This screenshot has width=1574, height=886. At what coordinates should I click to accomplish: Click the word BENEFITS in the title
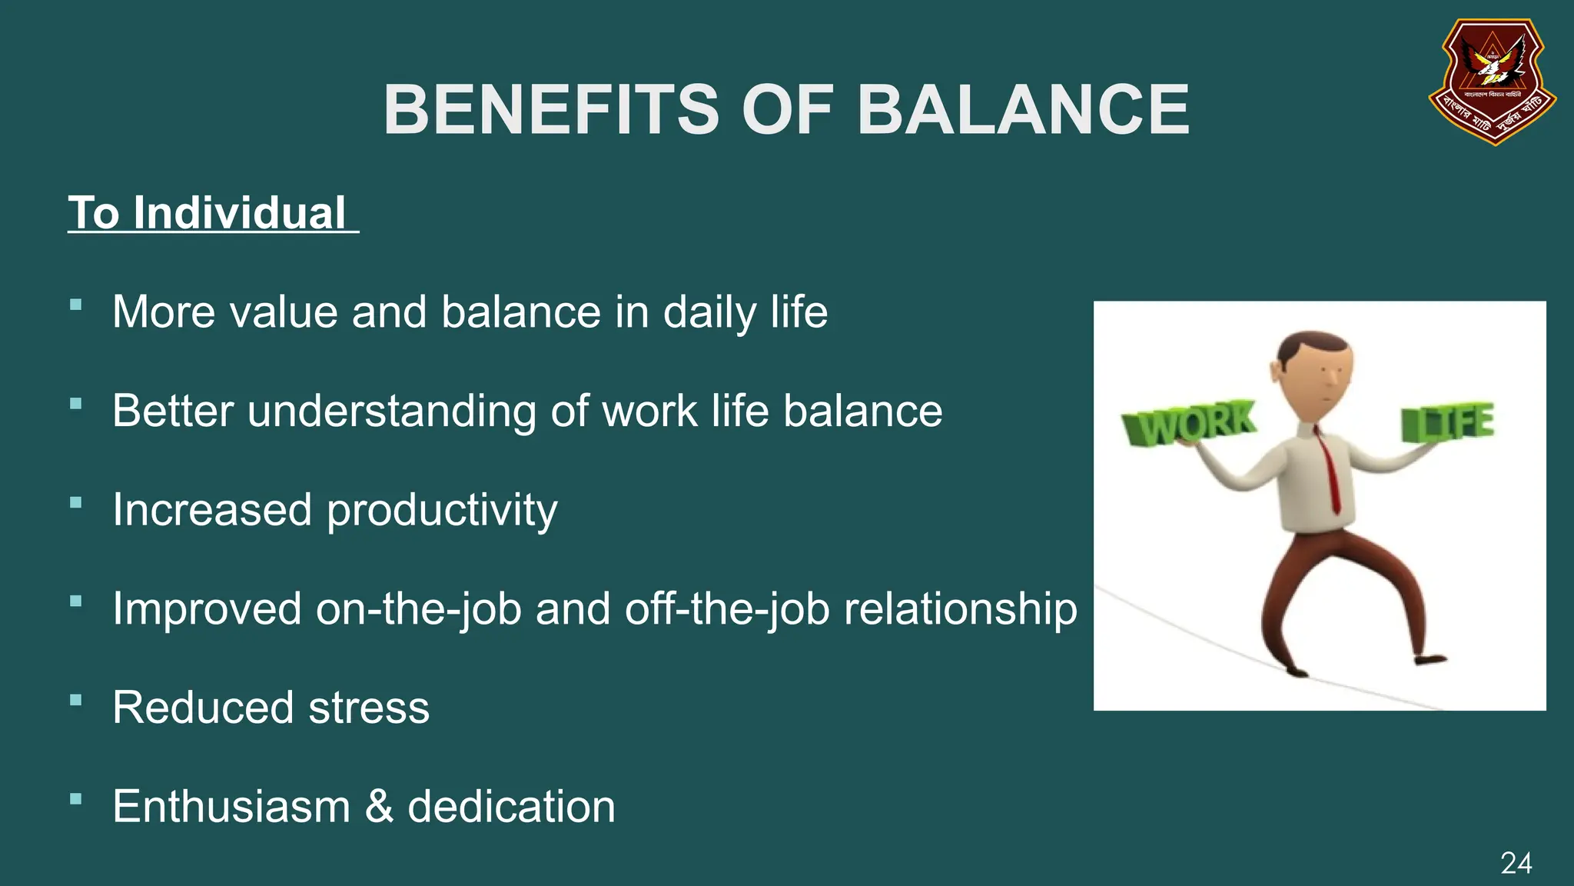[551, 110]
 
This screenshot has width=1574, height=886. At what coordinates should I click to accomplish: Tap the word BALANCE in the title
[1023, 110]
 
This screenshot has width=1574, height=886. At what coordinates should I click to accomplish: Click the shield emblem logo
[1492, 82]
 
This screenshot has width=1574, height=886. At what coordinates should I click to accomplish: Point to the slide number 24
[1516, 863]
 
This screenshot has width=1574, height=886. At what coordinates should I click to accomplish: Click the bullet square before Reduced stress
[75, 700]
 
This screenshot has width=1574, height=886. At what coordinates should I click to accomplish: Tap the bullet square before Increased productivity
[75, 502]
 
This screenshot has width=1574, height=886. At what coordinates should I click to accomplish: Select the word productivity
[442, 511]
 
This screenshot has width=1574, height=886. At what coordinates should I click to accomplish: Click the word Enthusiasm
[231, 807]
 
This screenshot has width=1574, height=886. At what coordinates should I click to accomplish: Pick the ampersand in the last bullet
[379, 807]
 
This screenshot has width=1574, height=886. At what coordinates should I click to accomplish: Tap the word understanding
[391, 411]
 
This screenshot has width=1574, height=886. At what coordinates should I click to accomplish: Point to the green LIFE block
[1447, 423]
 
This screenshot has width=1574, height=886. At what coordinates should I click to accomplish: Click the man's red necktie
[1328, 468]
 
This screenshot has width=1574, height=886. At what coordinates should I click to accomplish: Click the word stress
[369, 708]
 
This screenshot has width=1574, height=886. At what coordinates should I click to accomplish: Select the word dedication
[511, 807]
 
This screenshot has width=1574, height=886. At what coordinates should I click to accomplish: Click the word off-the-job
[727, 609]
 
